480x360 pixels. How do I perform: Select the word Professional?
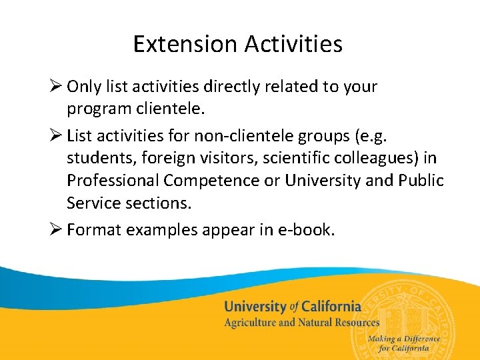[113, 180]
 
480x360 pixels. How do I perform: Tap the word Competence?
[205, 181]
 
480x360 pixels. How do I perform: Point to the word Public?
[422, 180]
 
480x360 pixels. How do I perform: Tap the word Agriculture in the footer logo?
[249, 323]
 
